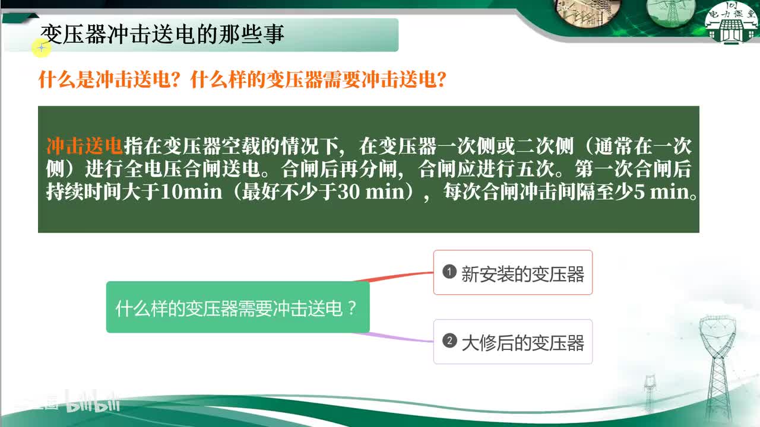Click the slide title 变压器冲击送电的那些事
pos(162,34)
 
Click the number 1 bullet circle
pos(449,272)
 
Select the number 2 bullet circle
pos(449,341)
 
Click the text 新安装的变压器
pos(522,274)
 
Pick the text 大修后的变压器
pos(522,343)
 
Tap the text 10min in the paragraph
pos(192,193)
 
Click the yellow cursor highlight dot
pos(41,47)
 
